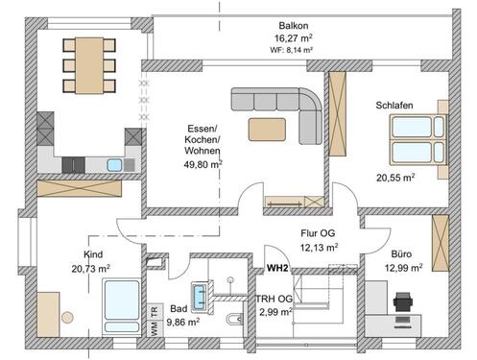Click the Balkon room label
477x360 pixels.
coord(294,26)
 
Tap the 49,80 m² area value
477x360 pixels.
coord(203,164)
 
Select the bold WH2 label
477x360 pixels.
coord(277,268)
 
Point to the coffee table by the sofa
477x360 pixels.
coord(267,130)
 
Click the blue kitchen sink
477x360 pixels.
coord(114,165)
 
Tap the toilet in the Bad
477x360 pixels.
coord(234,319)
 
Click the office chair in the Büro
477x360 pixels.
coord(403,301)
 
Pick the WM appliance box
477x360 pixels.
coord(155,328)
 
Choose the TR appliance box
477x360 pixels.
coord(155,311)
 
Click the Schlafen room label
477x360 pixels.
coord(394,106)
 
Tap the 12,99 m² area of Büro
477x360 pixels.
coord(403,268)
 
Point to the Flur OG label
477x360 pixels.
coord(318,233)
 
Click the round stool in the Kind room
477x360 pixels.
coord(67,318)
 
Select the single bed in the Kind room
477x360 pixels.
coord(122,306)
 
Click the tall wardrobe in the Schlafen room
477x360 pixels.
coord(338,113)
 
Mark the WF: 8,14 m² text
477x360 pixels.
coord(291,50)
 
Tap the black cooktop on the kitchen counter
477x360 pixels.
coord(73,165)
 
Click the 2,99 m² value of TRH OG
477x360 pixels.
coord(275,312)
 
